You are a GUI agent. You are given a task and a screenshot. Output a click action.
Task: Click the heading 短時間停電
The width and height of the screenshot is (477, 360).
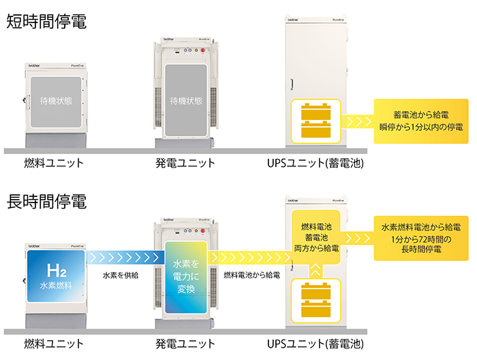click(46, 20)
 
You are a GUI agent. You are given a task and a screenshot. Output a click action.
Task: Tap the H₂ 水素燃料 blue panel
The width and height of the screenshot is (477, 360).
click(57, 277)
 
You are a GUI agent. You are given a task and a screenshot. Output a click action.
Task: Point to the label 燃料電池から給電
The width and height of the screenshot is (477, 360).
click(251, 275)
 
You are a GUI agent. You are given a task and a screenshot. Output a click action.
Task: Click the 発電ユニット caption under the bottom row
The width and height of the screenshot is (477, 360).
click(185, 344)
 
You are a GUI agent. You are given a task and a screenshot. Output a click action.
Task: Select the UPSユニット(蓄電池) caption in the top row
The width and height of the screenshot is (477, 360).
click(316, 164)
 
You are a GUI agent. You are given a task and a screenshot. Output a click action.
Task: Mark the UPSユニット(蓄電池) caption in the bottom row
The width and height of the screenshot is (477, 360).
click(316, 344)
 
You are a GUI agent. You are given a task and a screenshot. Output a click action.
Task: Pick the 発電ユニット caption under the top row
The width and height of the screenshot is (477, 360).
click(185, 164)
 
